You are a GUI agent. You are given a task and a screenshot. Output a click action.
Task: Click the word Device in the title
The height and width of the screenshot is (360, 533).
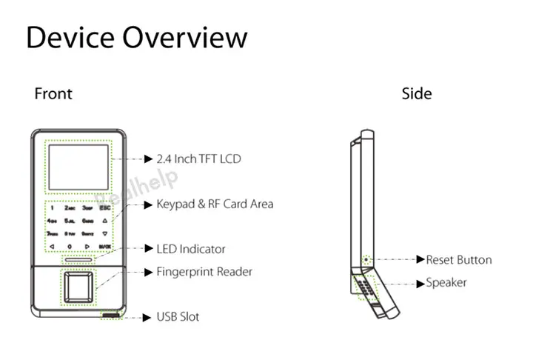coord(70,38)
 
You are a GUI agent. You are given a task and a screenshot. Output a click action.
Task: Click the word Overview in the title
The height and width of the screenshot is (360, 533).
coord(185,38)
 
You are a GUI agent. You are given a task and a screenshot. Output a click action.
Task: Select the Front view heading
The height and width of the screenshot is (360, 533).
coord(53,94)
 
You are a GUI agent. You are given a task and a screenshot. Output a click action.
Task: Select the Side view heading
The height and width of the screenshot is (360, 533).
coord(417,94)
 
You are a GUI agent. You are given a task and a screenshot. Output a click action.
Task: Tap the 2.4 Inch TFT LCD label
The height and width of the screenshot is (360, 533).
coord(198,159)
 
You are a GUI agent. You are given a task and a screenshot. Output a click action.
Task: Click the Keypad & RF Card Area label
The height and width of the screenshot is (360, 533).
coord(215,204)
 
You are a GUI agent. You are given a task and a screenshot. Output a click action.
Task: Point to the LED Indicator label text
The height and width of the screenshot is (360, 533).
coord(191,249)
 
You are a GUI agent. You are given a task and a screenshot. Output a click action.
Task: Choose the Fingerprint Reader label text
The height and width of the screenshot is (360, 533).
coord(204,272)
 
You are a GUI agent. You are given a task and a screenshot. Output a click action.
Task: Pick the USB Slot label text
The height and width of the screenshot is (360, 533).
coord(178,317)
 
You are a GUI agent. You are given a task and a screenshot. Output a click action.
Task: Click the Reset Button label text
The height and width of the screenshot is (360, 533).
coord(458,260)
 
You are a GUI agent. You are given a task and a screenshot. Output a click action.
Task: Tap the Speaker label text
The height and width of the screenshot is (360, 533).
coord(446,283)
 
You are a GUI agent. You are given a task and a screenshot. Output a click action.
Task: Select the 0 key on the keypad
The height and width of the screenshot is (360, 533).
coord(70,245)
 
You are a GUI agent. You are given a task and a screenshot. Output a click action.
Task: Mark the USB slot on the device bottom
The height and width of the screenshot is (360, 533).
coord(110,316)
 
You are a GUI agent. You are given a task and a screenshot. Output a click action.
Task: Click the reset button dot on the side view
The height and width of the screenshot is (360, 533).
coord(368,260)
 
